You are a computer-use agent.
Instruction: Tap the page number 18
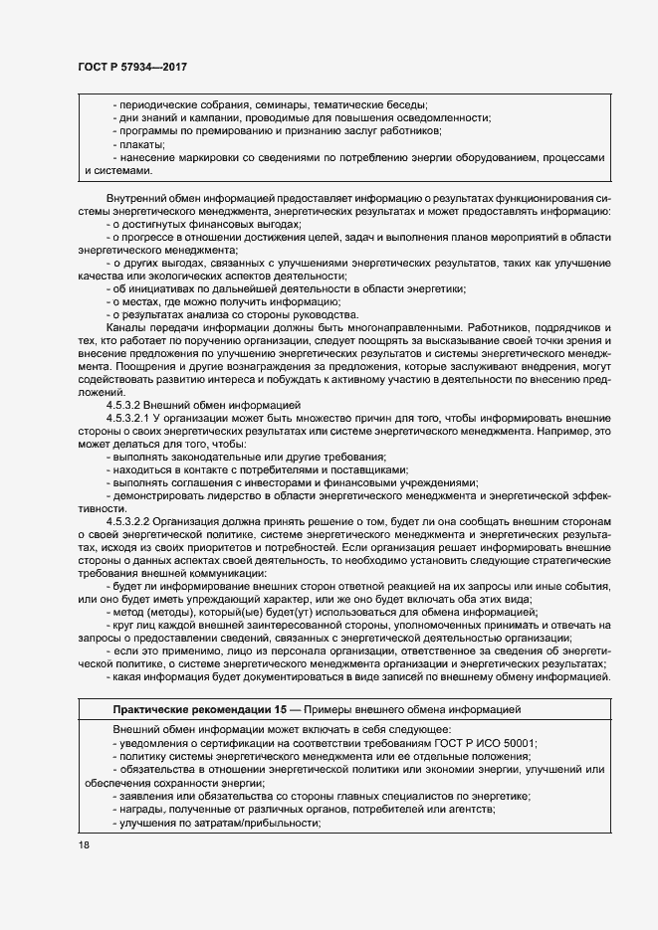(83, 844)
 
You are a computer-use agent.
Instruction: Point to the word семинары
(280, 105)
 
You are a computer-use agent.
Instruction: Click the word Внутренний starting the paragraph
(136, 199)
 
